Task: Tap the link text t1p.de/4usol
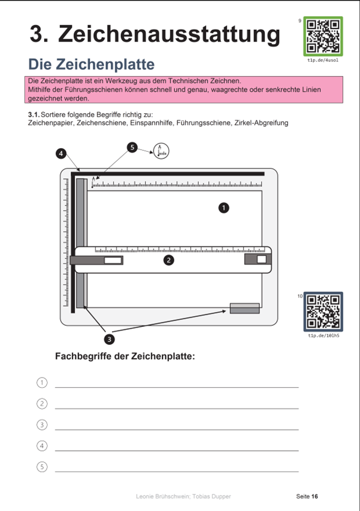(x=323, y=61)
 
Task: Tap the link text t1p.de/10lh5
(x=323, y=336)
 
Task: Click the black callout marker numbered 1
(x=224, y=207)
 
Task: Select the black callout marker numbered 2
(x=169, y=260)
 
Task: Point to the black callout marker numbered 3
(x=109, y=338)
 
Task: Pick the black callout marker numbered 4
(x=61, y=153)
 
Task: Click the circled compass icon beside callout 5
(x=161, y=151)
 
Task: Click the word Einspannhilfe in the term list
(x=152, y=123)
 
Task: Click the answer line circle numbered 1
(x=42, y=382)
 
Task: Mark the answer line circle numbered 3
(x=42, y=425)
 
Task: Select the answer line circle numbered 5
(x=42, y=466)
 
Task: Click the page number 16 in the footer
(x=314, y=496)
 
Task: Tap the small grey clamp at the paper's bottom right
(x=245, y=308)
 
